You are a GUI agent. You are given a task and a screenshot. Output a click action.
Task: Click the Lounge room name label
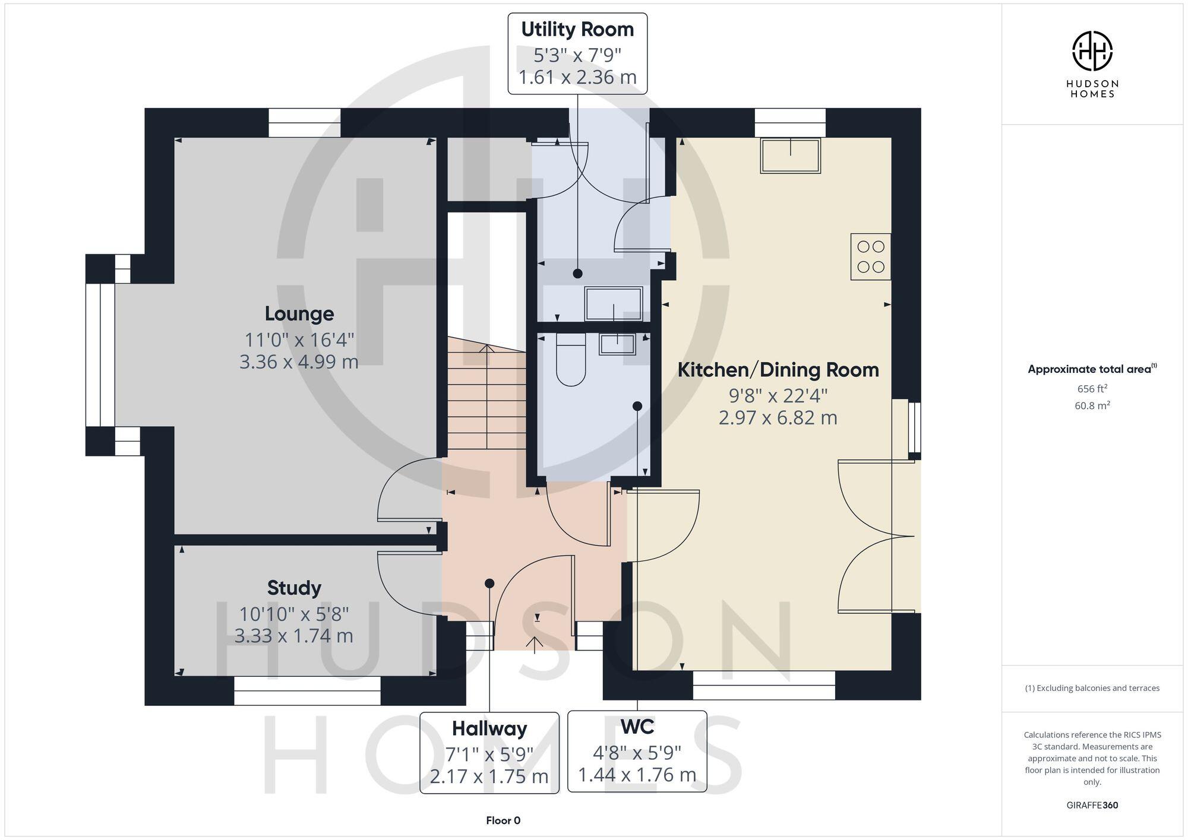coord(299,313)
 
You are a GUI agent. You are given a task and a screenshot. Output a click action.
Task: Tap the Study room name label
coord(294,588)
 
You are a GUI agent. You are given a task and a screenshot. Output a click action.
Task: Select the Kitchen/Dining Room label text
coord(778,370)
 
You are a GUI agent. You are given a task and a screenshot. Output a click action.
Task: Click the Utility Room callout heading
coord(577,30)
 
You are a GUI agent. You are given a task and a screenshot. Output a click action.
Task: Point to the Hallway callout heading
coord(489,728)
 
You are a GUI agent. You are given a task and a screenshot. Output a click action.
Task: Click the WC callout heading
coord(637,727)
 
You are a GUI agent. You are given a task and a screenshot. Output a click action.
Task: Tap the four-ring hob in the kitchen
coord(871,256)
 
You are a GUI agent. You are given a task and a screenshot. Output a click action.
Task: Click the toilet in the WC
coord(571,360)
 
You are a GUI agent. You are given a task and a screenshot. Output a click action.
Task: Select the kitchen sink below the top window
coord(790,155)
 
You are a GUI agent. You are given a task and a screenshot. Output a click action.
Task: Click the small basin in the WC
coord(617,344)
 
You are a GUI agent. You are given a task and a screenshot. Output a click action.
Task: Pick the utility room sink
coord(614,303)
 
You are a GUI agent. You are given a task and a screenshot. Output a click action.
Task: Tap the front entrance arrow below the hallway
coord(535,644)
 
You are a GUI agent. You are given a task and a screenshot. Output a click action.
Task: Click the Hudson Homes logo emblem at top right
coord(1092,51)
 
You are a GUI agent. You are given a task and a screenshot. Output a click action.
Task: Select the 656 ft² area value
coord(1092,389)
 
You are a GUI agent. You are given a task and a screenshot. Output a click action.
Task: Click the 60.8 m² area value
coord(1092,406)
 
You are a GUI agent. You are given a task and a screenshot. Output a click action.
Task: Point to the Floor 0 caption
coord(503,820)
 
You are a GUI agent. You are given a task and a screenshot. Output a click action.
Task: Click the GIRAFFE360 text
coord(1092,806)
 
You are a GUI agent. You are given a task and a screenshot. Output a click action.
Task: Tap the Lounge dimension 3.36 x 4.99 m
coord(299,362)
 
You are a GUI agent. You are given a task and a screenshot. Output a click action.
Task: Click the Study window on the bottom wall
coord(307,690)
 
